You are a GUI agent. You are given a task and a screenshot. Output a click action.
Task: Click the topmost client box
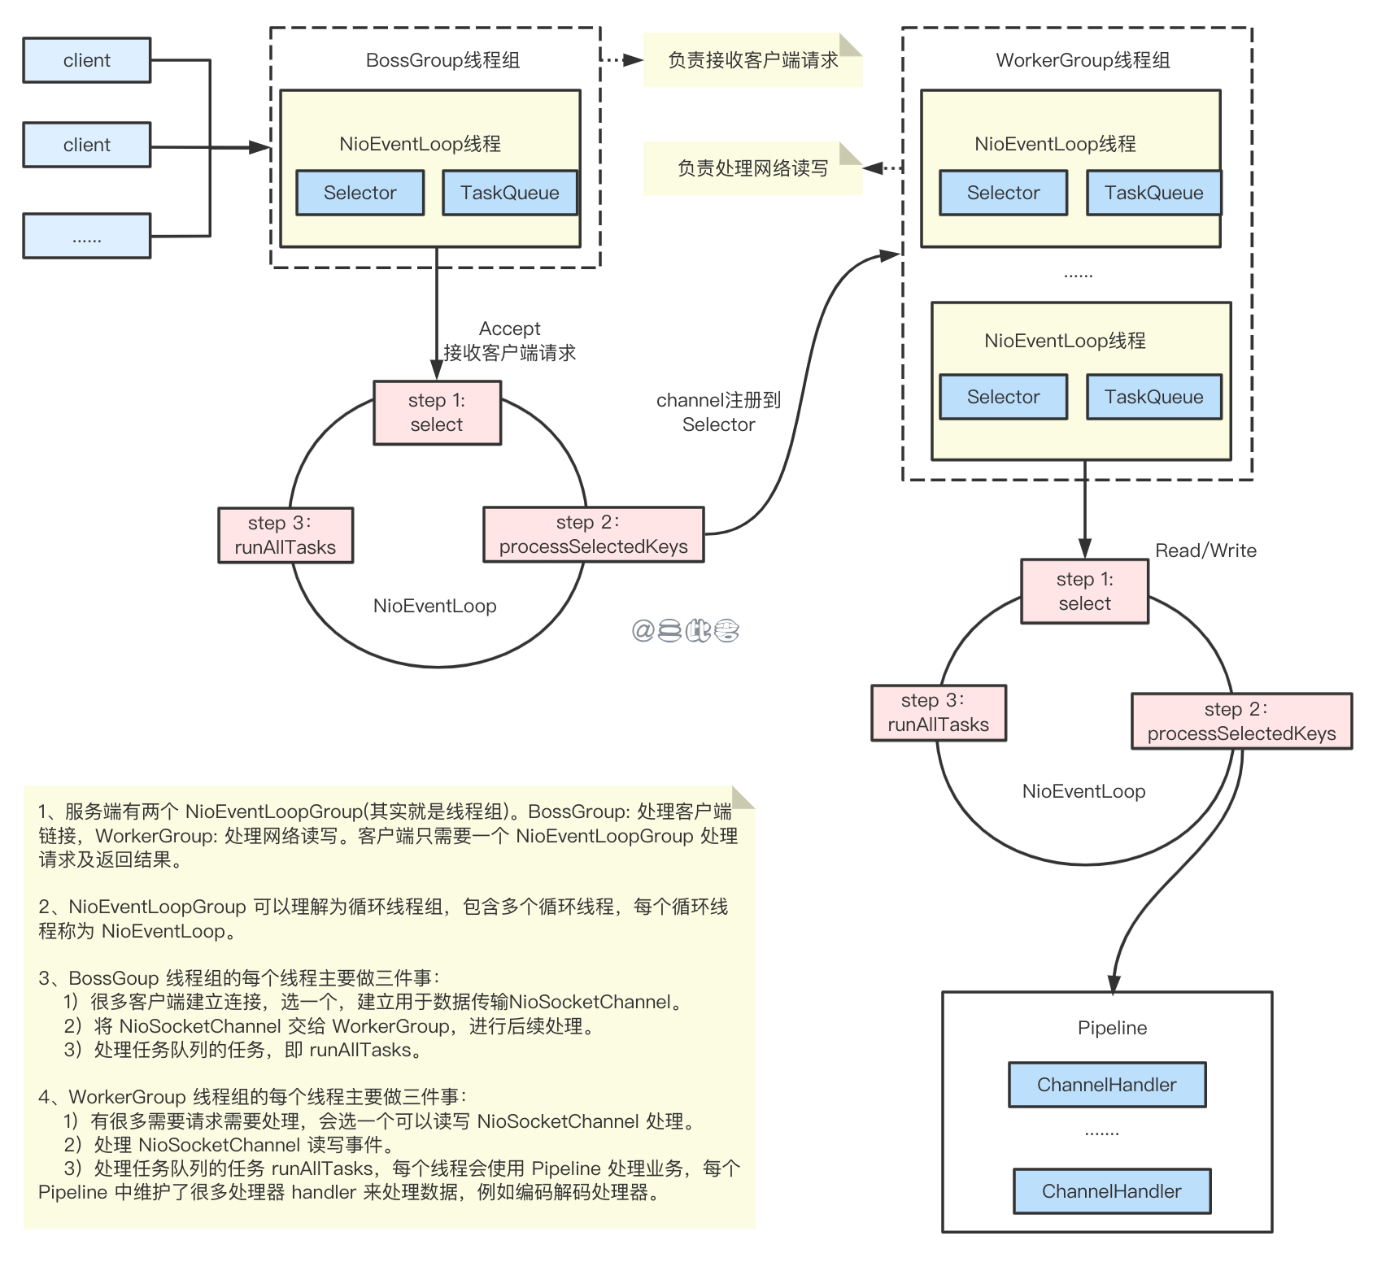click(x=86, y=60)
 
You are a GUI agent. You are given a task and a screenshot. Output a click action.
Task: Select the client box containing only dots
click(x=86, y=236)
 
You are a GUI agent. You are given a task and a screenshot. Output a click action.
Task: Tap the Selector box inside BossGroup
click(x=360, y=193)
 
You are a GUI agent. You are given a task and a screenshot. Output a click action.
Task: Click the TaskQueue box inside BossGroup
click(x=509, y=193)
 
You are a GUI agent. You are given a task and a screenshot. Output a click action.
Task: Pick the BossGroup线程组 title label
click(x=442, y=60)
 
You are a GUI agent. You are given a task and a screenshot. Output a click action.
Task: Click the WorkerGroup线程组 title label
click(x=1083, y=60)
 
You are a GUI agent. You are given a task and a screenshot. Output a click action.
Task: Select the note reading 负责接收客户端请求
click(x=752, y=60)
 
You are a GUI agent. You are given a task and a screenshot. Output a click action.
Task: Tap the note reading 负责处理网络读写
click(x=752, y=168)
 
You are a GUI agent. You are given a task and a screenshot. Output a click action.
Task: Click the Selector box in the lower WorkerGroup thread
click(x=1003, y=397)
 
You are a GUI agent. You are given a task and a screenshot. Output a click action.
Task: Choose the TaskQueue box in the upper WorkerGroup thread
click(x=1153, y=193)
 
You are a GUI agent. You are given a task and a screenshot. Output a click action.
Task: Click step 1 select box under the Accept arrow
click(x=437, y=412)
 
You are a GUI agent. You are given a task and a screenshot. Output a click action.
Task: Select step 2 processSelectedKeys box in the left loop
click(x=593, y=534)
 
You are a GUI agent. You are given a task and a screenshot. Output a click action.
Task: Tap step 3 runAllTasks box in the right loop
click(x=938, y=713)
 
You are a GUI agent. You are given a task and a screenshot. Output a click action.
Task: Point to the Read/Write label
click(x=1205, y=550)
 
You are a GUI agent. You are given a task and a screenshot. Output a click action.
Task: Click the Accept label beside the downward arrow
click(x=509, y=329)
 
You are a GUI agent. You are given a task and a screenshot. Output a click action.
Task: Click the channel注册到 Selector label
click(x=718, y=412)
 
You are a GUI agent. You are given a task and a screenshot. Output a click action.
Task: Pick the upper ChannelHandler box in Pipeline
click(x=1106, y=1085)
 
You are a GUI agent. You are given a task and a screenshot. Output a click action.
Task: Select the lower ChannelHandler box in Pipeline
click(x=1111, y=1191)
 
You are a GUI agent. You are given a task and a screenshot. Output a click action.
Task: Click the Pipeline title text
click(x=1112, y=1028)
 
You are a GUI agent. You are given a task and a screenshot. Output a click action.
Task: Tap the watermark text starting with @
click(x=685, y=630)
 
